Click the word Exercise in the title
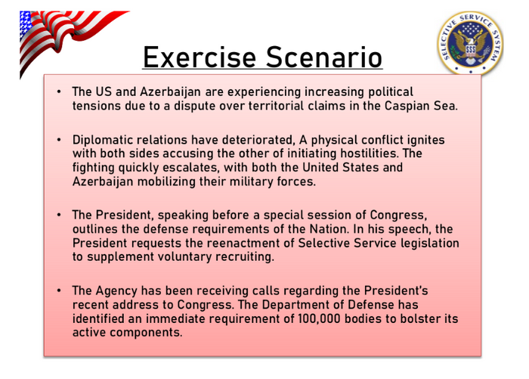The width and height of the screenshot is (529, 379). click(200, 57)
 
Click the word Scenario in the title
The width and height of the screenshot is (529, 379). click(324, 57)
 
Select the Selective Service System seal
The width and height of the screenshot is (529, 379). click(470, 43)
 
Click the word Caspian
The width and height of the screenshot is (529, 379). click(407, 107)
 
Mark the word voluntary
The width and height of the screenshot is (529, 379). click(184, 256)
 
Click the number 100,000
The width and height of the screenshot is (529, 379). click(319, 319)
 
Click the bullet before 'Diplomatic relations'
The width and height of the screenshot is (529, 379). click(59, 140)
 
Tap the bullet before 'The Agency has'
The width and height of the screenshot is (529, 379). click(59, 290)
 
